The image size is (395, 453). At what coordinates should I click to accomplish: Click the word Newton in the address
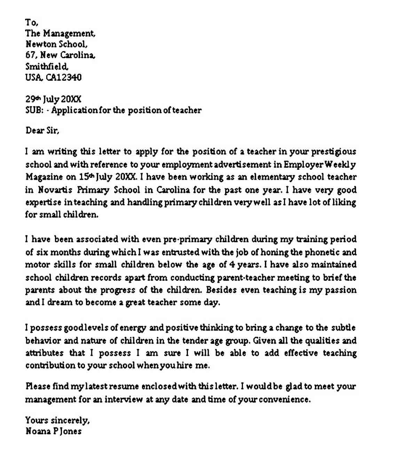[39, 44]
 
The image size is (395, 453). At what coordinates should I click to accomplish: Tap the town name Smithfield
[47, 66]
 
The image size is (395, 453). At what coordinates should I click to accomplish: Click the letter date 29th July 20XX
[53, 100]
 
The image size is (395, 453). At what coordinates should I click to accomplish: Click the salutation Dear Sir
[42, 131]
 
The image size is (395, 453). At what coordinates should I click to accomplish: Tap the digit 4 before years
[232, 265]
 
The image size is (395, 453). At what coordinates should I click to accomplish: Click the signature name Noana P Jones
[54, 431]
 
